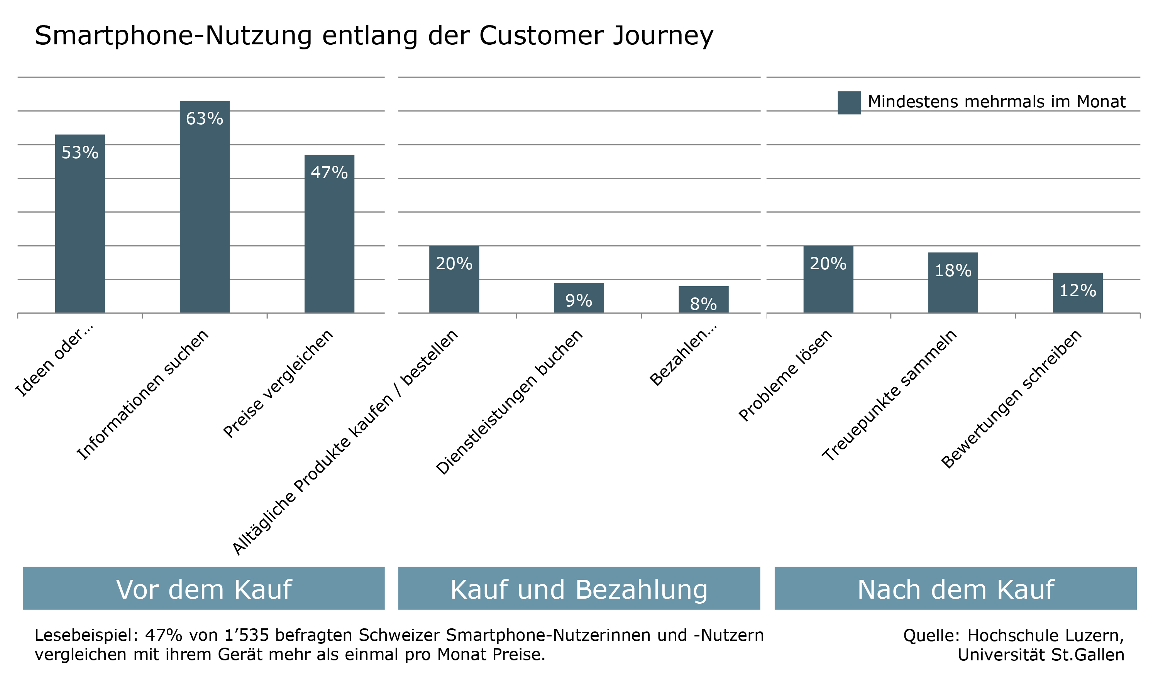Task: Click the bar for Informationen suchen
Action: coord(205,214)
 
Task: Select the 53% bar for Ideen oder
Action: coord(80,233)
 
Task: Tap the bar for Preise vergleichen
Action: coord(329,243)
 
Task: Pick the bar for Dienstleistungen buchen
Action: coord(579,303)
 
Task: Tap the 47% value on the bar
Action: coord(329,172)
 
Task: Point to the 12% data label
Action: coord(1078,290)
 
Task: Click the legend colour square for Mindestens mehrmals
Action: coord(849,103)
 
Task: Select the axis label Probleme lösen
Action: coord(785,376)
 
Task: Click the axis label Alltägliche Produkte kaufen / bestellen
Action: coord(345,443)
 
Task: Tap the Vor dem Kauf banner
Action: coord(203,589)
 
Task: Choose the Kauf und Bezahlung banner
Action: coord(579,589)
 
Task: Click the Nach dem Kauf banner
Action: coord(955,589)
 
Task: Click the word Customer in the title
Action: coord(541,35)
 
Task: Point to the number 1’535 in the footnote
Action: coord(247,635)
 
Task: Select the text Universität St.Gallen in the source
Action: coord(1041,655)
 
